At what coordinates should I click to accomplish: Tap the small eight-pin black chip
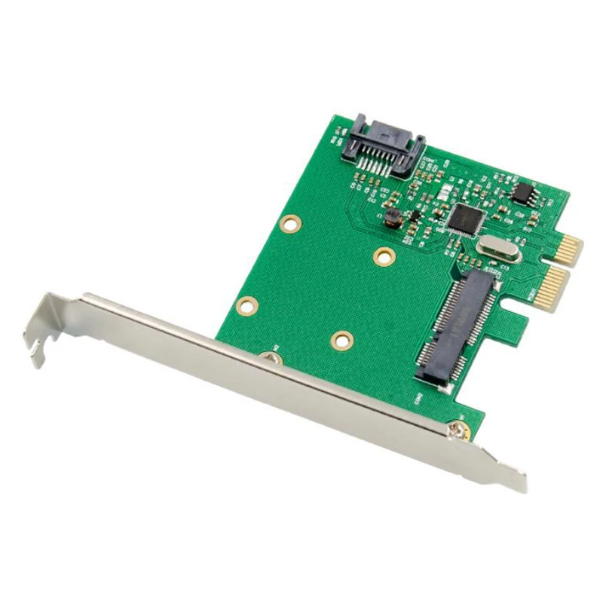[522, 194]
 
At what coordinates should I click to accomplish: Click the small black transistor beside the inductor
[412, 216]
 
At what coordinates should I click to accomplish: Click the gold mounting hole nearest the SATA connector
[289, 223]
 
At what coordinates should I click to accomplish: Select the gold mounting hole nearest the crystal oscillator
[384, 256]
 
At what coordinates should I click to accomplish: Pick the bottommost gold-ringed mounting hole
[341, 341]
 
